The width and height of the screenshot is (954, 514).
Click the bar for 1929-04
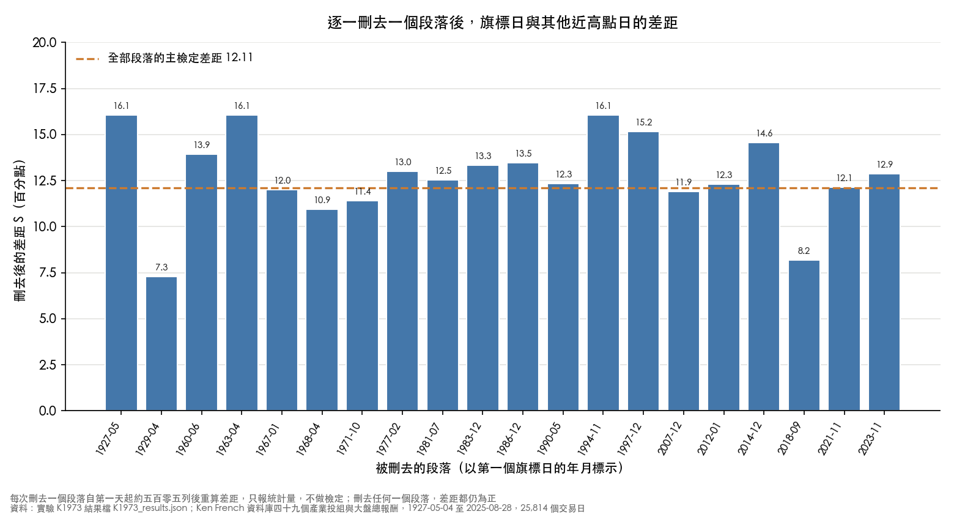point(161,344)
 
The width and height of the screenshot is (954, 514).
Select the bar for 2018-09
point(804,336)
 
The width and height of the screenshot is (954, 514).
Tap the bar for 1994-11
point(603,263)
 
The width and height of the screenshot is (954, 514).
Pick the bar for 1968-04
point(322,310)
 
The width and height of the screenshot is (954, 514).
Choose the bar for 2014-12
point(764,277)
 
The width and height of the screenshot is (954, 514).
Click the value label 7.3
point(161,267)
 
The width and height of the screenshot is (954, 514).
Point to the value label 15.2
point(644,122)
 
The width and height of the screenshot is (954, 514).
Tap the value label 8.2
point(804,251)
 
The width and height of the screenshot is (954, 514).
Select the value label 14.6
point(764,133)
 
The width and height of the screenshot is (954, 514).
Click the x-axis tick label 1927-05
point(108,439)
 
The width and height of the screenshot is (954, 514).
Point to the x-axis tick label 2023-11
point(871,439)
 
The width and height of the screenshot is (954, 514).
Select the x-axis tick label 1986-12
point(509,439)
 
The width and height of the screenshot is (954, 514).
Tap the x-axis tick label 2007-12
point(670,439)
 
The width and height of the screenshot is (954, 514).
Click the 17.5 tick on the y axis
point(45,89)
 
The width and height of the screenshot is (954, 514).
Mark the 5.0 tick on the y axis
point(48,319)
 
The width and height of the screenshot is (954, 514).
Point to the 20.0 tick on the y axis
point(45,43)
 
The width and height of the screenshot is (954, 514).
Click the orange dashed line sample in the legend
point(87,59)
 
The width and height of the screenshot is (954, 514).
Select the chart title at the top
point(503,23)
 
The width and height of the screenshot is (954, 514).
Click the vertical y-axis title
point(20,231)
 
